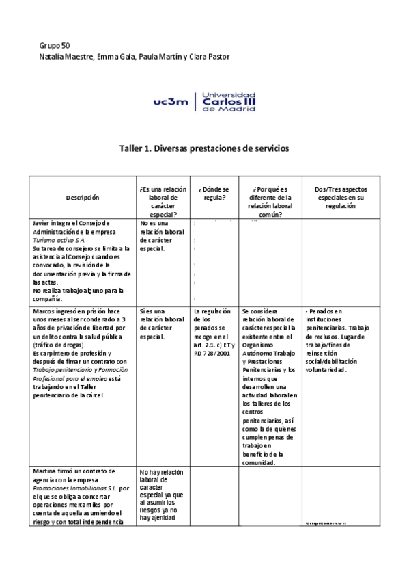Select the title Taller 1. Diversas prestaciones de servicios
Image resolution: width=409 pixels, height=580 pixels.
tap(204, 148)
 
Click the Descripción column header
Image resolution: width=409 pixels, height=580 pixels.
tap(83, 197)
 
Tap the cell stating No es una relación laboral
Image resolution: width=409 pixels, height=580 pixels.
tap(161, 236)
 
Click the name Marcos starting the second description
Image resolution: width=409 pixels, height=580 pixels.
tap(45, 311)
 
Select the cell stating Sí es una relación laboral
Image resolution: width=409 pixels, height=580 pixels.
tap(161, 324)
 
